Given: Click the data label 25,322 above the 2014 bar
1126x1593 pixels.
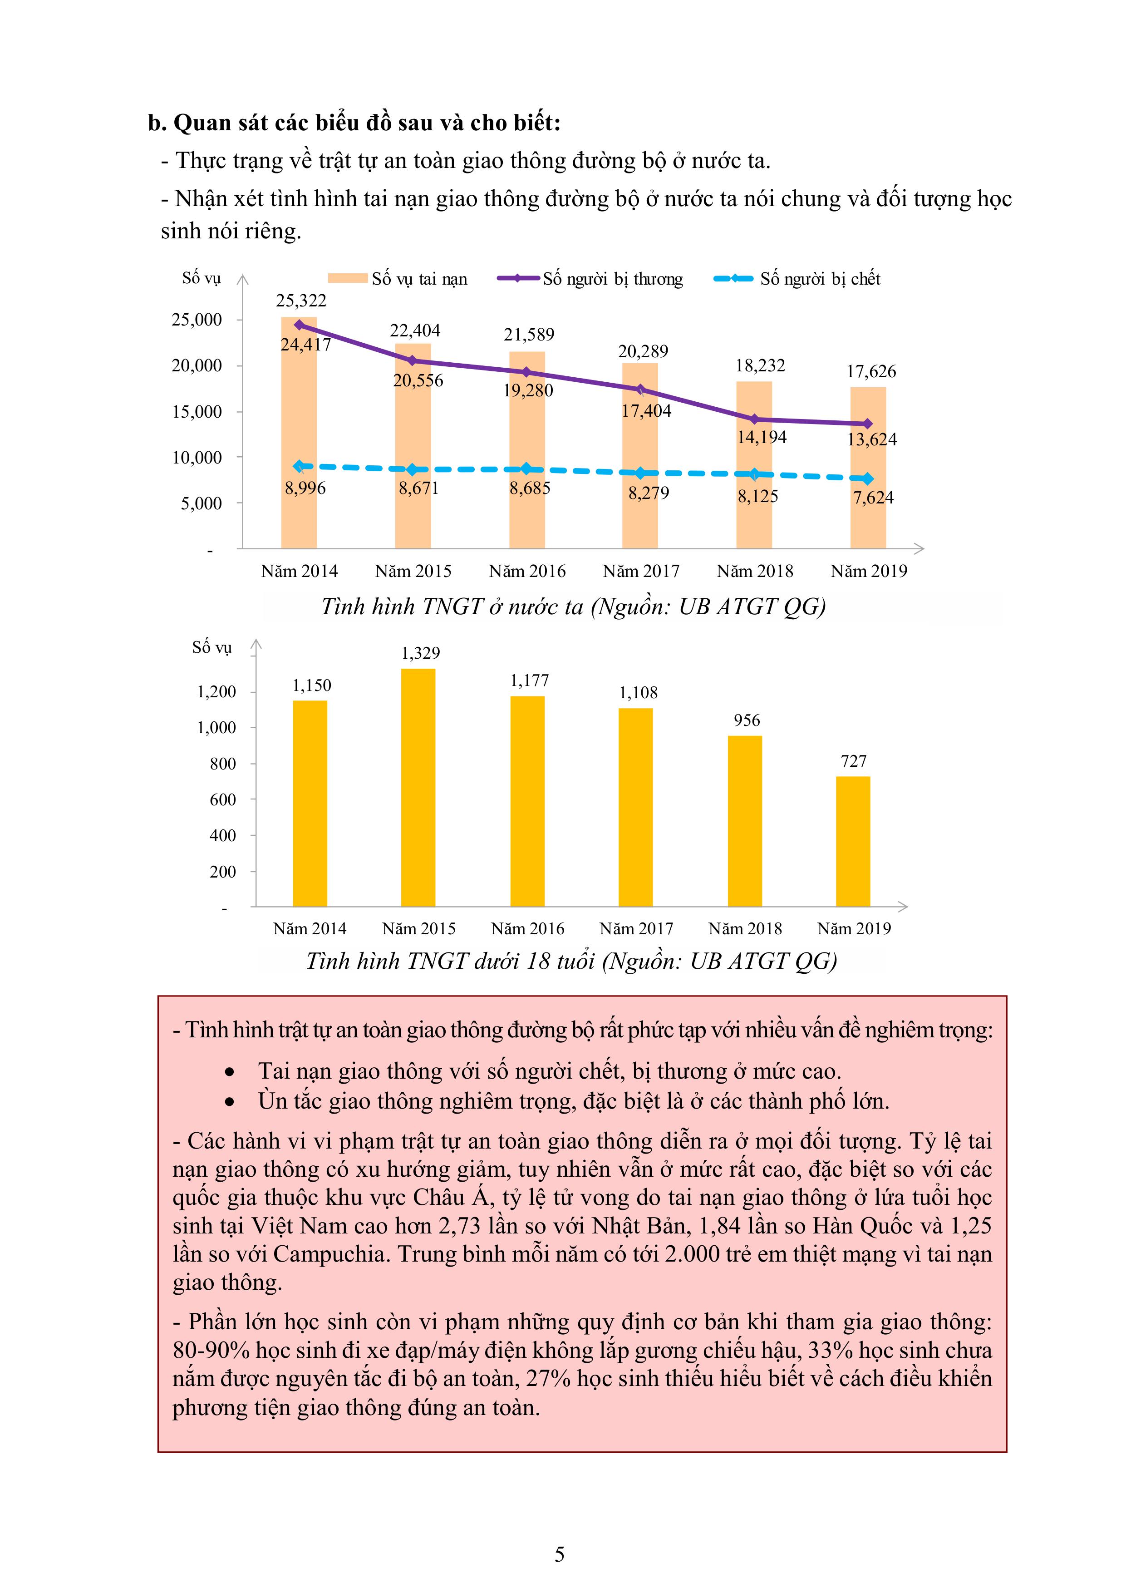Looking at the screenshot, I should coord(300,301).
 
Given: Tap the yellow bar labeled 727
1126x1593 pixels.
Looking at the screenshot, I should coord(853,841).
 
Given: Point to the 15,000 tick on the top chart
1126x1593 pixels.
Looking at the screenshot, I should coord(197,411).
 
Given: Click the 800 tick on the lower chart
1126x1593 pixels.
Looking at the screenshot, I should coord(223,764).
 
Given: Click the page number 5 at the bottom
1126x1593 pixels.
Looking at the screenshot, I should coord(560,1555).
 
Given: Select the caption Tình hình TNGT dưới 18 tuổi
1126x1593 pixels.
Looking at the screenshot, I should coord(571,961).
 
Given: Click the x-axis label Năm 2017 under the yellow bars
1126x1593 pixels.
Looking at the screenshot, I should coord(636,928).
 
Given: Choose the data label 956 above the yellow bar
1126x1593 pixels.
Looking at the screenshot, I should coord(747,720).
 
